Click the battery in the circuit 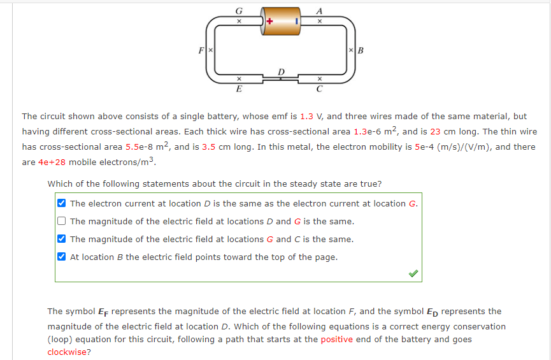(x=282, y=21)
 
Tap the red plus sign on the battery (x=269, y=21)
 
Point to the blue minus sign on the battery (x=296, y=21)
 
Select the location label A (x=320, y=10)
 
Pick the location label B (x=361, y=50)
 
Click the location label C (x=320, y=89)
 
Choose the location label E (x=239, y=89)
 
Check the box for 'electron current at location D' (x=61, y=204)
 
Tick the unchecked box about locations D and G (x=61, y=222)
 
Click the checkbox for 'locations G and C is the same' (x=61, y=240)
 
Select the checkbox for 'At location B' (x=61, y=257)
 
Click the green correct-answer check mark (x=413, y=273)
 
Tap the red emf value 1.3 (x=306, y=117)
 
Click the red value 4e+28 (x=52, y=162)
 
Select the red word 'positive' (x=337, y=340)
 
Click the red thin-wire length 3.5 (x=209, y=147)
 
